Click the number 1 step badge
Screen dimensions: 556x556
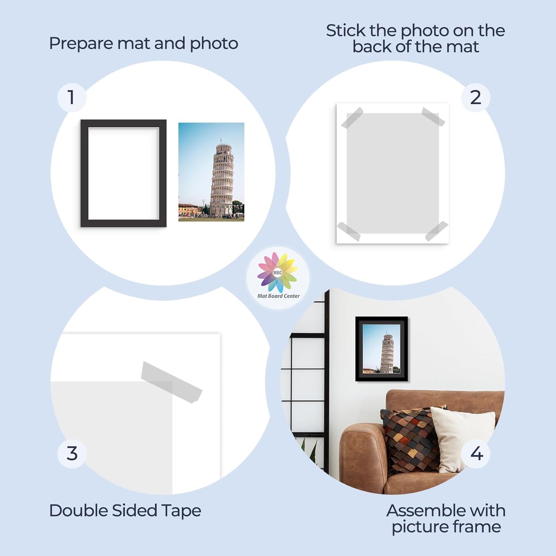(72, 97)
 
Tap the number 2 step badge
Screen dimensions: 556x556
(476, 97)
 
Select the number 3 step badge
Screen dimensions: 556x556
(72, 454)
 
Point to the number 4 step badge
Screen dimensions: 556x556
(476, 454)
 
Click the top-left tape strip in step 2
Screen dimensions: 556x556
(352, 118)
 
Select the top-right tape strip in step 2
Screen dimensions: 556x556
(433, 117)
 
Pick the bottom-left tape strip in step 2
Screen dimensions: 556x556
(349, 232)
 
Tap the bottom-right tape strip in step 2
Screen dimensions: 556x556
(437, 231)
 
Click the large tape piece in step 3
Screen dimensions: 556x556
(171, 382)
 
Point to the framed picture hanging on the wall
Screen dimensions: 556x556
(381, 349)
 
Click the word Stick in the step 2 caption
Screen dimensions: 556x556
(346, 31)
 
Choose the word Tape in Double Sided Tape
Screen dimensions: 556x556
(181, 511)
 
